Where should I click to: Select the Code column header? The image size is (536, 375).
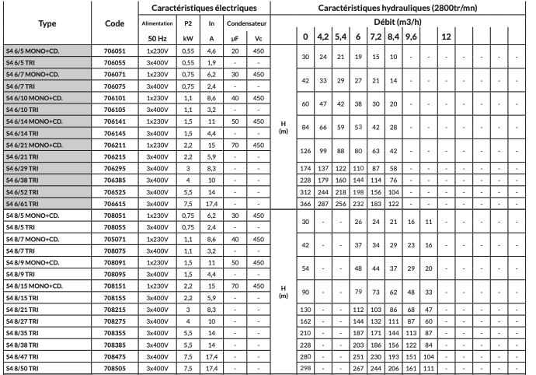pyautogui.click(x=114, y=23)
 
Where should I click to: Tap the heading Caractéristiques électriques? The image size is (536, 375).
pyautogui.click(x=204, y=8)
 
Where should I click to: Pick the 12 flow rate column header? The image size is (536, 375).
pyautogui.click(x=447, y=37)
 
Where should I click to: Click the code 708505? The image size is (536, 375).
pyautogui.click(x=114, y=366)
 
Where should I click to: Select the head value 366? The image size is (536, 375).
pyautogui.click(x=306, y=202)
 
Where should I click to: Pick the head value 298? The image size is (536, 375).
pyautogui.click(x=306, y=366)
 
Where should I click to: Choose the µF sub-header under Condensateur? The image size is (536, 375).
pyautogui.click(x=235, y=37)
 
